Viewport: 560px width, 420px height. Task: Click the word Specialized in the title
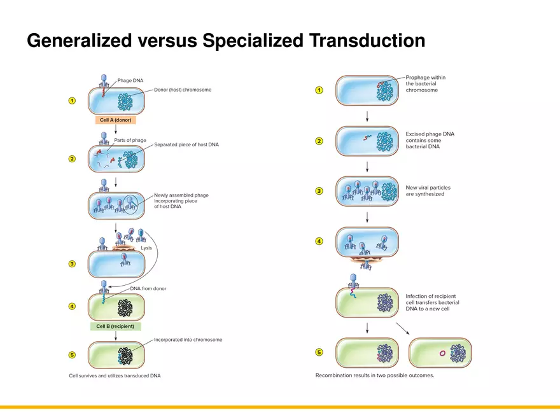pyautogui.click(x=252, y=41)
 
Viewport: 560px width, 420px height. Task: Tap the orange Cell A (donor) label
pyautogui.click(x=115, y=120)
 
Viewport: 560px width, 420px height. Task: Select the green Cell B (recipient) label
pyautogui.click(x=115, y=326)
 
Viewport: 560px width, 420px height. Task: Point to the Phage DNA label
pyautogui.click(x=130, y=81)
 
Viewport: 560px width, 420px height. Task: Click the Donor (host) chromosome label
pyautogui.click(x=183, y=90)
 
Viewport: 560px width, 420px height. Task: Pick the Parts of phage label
pyautogui.click(x=130, y=140)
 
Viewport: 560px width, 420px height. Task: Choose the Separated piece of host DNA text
pyautogui.click(x=186, y=145)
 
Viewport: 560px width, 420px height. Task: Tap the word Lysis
pyautogui.click(x=146, y=248)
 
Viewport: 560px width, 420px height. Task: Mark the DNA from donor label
pyautogui.click(x=148, y=289)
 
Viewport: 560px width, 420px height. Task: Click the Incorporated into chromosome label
pyautogui.click(x=188, y=340)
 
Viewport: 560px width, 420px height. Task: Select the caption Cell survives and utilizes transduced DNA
pyautogui.click(x=115, y=375)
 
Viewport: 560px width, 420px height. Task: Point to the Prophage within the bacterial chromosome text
pyautogui.click(x=425, y=84)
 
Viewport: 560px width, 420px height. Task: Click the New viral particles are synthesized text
pyautogui.click(x=428, y=191)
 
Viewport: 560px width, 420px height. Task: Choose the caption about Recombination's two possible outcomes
pyautogui.click(x=375, y=375)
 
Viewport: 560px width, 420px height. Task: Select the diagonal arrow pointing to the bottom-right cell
pyautogui.click(x=402, y=329)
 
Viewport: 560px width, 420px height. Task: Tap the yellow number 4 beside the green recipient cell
pyautogui.click(x=73, y=306)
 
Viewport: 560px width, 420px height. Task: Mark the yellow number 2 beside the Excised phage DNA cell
pyautogui.click(x=319, y=141)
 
